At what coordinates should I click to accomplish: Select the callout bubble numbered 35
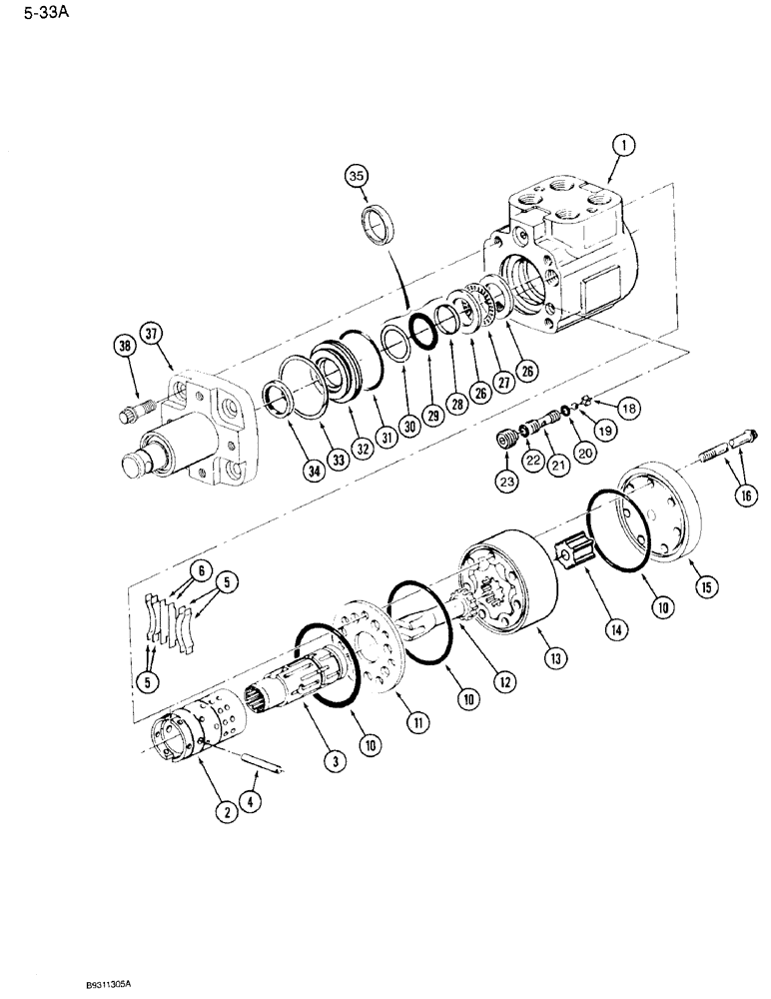pos(358,177)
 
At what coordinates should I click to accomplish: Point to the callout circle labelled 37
pos(151,333)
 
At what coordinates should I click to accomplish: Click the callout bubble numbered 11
pos(402,717)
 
